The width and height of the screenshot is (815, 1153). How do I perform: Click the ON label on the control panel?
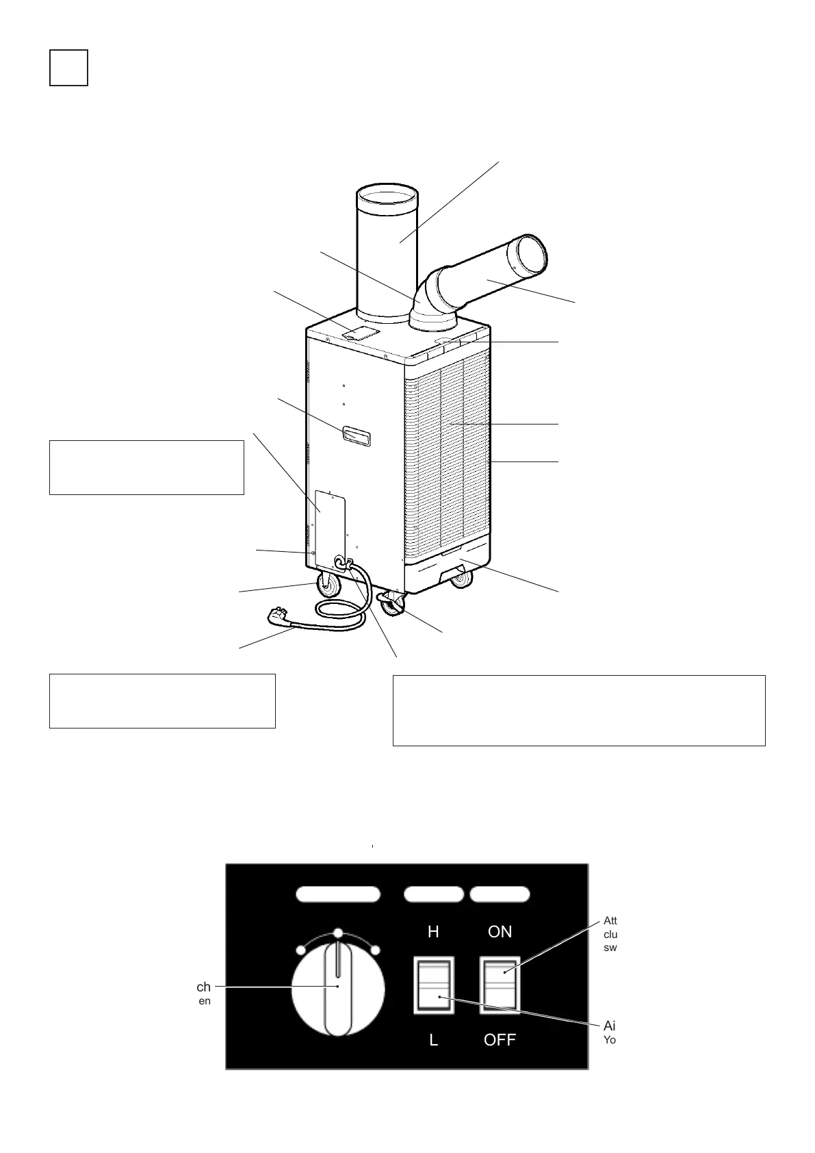pyautogui.click(x=500, y=932)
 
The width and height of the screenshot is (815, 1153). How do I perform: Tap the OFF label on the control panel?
pyautogui.click(x=500, y=1040)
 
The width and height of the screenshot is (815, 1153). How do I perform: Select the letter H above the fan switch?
pyautogui.click(x=433, y=932)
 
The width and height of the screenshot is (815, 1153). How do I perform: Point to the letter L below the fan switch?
pyautogui.click(x=433, y=1040)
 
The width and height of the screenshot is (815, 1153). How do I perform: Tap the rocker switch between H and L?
pyautogui.click(x=434, y=985)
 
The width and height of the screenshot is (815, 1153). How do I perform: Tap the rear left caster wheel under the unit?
pyautogui.click(x=328, y=586)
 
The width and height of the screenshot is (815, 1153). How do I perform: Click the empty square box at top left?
pyautogui.click(x=68, y=68)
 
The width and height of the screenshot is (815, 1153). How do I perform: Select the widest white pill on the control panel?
pyautogui.click(x=338, y=894)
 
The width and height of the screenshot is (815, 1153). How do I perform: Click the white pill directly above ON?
pyautogui.click(x=500, y=894)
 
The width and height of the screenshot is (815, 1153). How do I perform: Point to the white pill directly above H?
pyautogui.click(x=434, y=894)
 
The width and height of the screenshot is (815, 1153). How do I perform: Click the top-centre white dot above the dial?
pyautogui.click(x=337, y=933)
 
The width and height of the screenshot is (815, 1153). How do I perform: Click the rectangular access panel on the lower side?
pyautogui.click(x=329, y=527)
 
